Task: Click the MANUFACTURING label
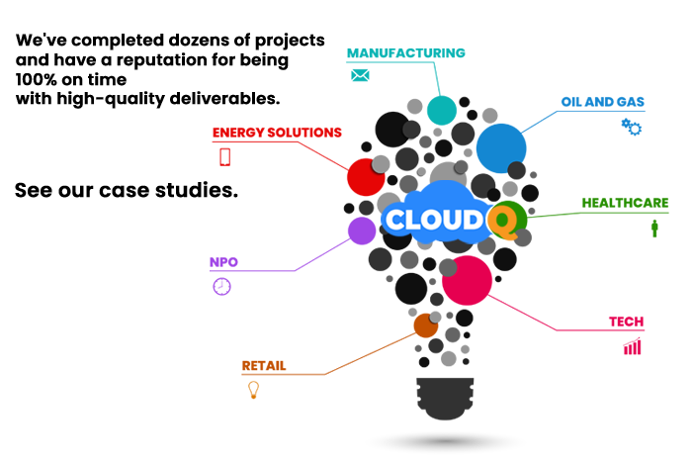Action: point(405,53)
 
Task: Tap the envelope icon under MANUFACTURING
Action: point(360,75)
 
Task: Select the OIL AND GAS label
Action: point(602,102)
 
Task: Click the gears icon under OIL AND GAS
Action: point(632,127)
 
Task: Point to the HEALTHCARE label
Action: point(625,203)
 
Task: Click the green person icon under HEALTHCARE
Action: point(654,229)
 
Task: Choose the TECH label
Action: point(626,322)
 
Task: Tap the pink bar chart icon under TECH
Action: point(632,346)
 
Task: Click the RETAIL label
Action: point(264,366)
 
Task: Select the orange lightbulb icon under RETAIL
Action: point(253,390)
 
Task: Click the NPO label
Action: point(223,262)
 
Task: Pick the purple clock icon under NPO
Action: point(222,287)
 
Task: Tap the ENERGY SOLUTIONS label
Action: point(277,133)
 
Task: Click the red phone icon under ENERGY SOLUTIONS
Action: point(225,157)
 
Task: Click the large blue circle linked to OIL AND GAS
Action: point(501,148)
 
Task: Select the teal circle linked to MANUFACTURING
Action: point(442,110)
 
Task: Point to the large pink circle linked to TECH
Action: point(467,281)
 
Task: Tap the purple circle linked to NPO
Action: point(362,231)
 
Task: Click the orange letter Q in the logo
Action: point(502,220)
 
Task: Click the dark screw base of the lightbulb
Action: point(445,398)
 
